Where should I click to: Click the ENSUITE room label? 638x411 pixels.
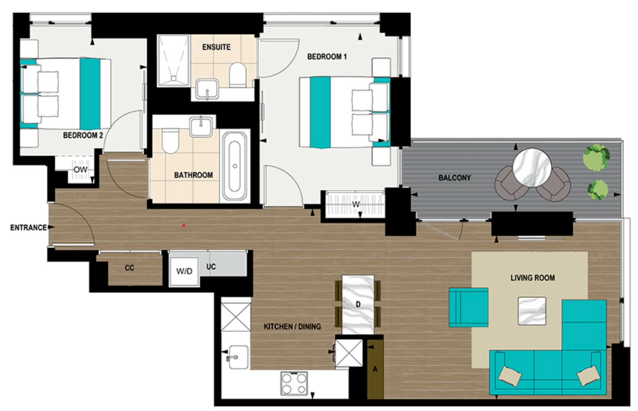tap(216, 47)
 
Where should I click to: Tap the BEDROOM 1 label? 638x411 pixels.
tap(327, 57)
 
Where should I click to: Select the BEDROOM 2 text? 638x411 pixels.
tap(83, 136)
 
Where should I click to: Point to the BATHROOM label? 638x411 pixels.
tap(193, 175)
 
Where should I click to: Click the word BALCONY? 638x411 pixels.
tap(455, 178)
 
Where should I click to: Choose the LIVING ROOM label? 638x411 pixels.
tap(532, 278)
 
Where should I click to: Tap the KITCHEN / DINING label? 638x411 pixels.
tap(292, 327)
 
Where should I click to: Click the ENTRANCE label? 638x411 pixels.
tap(28, 228)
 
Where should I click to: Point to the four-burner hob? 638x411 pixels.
tap(294, 384)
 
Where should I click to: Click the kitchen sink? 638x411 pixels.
tap(236, 357)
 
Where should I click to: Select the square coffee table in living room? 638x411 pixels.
tap(532, 311)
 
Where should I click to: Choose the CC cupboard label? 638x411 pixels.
tap(129, 268)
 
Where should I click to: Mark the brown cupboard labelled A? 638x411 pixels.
tap(375, 369)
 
